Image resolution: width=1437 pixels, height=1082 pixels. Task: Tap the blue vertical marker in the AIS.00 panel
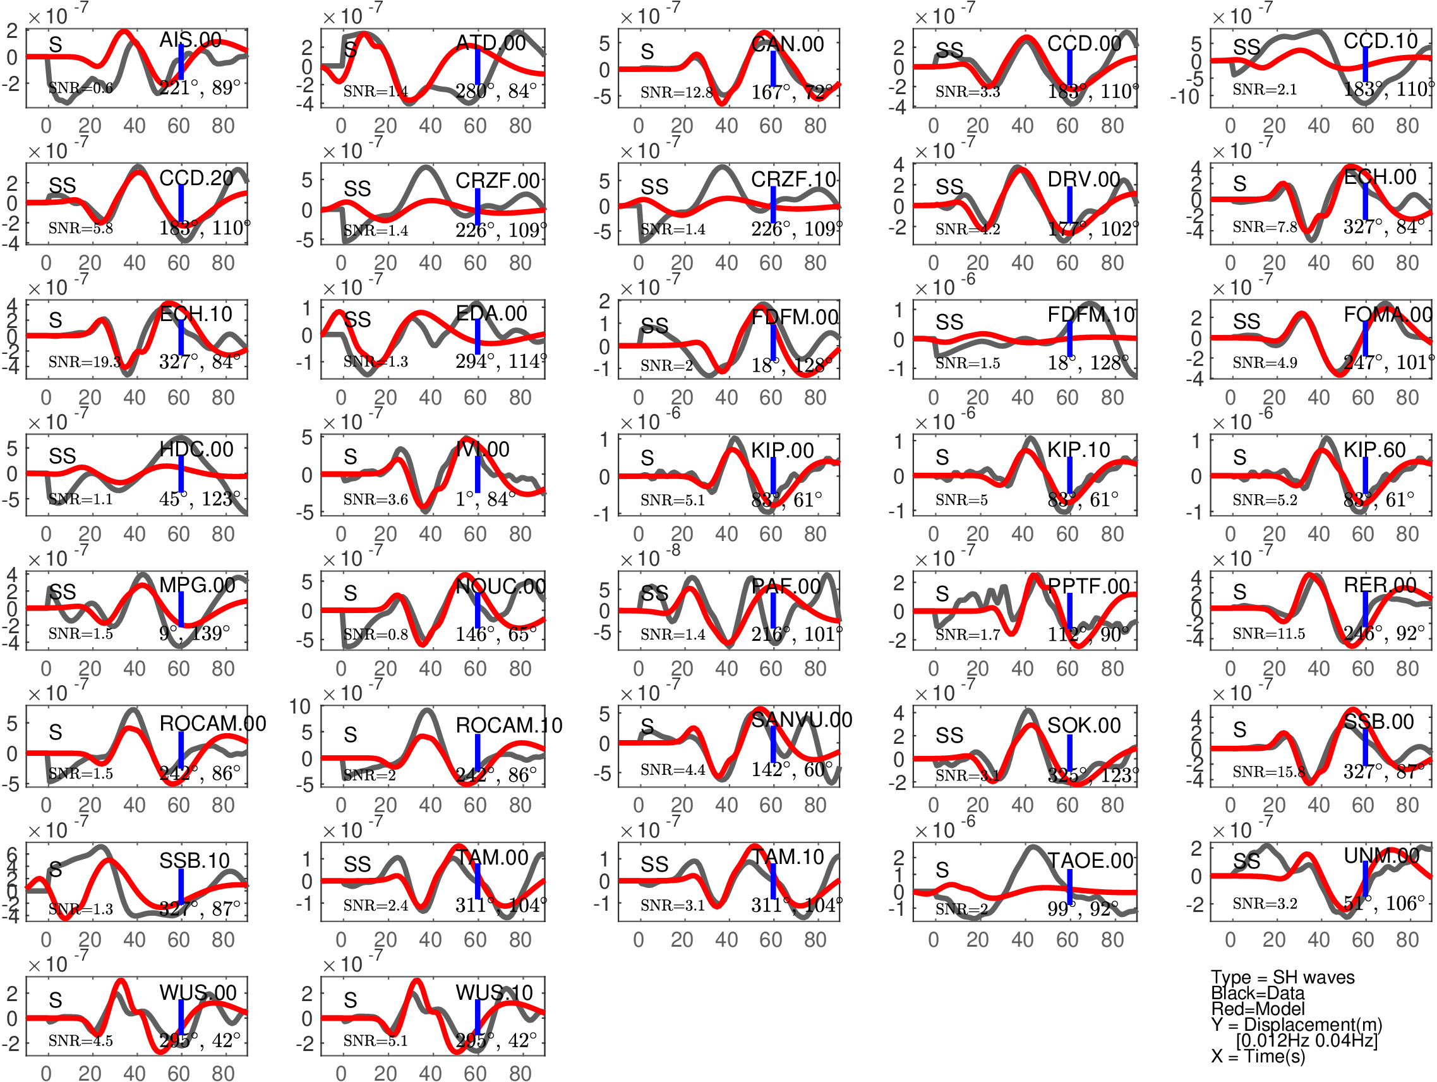tap(181, 63)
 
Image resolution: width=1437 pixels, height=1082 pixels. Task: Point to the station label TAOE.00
tap(1091, 860)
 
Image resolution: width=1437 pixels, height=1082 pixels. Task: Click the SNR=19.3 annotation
tap(84, 362)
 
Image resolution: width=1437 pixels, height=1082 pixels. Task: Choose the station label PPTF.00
tap(1089, 586)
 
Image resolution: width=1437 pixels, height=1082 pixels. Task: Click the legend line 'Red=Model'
tap(1257, 1009)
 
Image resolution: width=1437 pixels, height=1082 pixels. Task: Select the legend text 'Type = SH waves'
tap(1282, 977)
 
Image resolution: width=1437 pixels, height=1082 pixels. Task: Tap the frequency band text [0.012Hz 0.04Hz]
tap(1306, 1040)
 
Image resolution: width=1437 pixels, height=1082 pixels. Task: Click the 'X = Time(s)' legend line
tap(1258, 1057)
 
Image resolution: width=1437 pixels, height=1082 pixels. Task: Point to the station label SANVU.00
tap(801, 719)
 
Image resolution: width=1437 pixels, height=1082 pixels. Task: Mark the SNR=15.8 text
tap(1269, 772)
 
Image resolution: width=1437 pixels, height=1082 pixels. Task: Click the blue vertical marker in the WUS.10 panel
tap(478, 1016)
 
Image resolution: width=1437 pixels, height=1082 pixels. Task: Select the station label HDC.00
tap(196, 449)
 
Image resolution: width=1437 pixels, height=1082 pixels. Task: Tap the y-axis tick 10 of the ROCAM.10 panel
tap(299, 707)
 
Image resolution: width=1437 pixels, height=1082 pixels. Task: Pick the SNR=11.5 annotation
tap(1269, 634)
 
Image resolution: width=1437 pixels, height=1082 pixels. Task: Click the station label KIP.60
tap(1374, 450)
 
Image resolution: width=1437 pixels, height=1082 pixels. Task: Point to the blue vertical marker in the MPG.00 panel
tap(181, 609)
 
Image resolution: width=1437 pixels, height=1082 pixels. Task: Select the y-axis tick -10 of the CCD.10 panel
tap(1184, 97)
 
